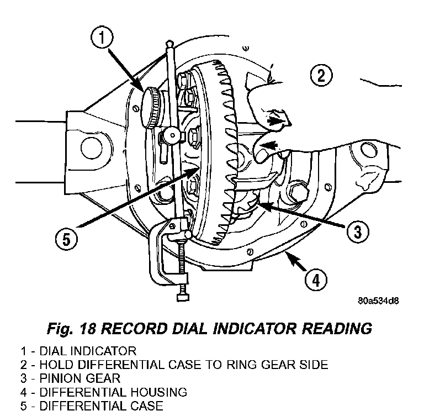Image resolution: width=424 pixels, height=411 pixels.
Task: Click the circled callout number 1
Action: click(102, 37)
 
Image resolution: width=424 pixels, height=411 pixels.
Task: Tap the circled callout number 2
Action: click(321, 75)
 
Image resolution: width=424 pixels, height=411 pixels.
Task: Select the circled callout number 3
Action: click(358, 231)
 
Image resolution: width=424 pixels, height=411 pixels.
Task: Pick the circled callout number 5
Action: click(66, 239)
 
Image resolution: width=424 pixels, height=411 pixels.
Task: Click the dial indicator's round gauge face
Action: click(151, 108)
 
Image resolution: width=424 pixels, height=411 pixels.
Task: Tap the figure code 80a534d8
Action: click(378, 301)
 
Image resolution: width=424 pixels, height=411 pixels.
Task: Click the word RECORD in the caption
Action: click(134, 329)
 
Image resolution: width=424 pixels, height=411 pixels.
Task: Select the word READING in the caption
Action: click(336, 329)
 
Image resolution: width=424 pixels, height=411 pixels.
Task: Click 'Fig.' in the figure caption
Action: click(60, 329)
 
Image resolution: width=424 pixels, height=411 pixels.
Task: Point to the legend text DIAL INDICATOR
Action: click(88, 351)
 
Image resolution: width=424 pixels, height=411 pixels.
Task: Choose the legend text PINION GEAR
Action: click(79, 378)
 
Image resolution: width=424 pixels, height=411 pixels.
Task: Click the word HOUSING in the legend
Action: click(159, 392)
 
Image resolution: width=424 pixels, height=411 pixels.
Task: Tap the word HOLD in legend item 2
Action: click(56, 365)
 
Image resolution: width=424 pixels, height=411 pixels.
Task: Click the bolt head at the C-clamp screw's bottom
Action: click(183, 297)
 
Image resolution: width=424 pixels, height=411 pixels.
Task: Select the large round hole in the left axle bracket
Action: click(92, 148)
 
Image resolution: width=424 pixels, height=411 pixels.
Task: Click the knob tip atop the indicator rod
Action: click(169, 43)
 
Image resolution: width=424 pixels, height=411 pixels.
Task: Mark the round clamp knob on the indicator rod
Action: click(172, 135)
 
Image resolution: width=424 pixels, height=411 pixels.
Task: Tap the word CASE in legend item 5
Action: click(147, 405)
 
